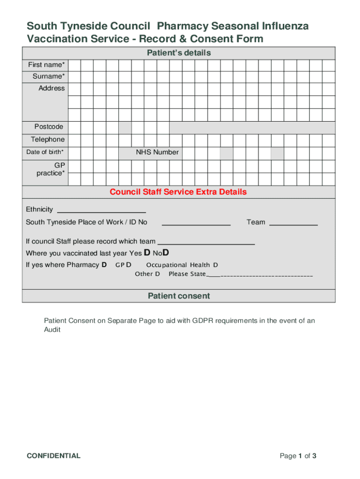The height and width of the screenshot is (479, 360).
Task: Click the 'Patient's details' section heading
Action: (x=179, y=53)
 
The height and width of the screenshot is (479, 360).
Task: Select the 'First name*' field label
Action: (x=46, y=65)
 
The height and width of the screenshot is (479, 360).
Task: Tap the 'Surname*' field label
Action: (x=49, y=76)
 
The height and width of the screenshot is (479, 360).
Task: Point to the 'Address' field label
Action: (x=51, y=88)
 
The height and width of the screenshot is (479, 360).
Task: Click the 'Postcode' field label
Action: (x=49, y=127)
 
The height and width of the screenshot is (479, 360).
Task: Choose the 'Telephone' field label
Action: (x=48, y=139)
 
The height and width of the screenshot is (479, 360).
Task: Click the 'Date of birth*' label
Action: (x=45, y=152)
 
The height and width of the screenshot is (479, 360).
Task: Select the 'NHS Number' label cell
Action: (x=157, y=152)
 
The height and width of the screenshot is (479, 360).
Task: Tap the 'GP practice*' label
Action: (x=51, y=169)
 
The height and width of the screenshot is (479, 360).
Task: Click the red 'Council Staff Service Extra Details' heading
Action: (x=178, y=192)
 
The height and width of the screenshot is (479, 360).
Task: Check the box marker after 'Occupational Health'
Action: (x=216, y=265)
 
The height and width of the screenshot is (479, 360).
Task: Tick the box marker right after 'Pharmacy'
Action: (x=104, y=265)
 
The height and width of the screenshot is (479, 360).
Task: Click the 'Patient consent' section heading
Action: (x=179, y=296)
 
